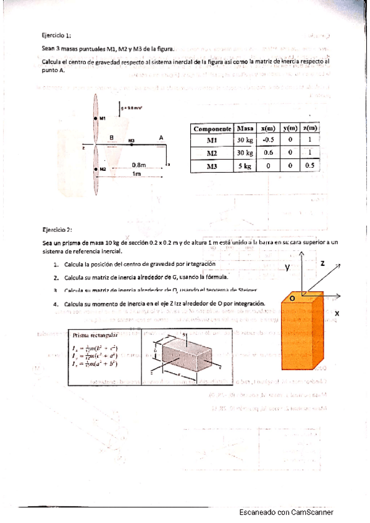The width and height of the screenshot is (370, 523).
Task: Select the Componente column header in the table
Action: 212,128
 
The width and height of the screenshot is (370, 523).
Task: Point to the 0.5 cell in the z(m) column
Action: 309,165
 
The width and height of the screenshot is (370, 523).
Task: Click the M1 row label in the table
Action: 212,140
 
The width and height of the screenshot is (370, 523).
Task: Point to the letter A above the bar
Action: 161,138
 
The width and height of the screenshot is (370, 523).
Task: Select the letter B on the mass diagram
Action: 111,138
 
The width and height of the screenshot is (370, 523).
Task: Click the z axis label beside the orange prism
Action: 322,263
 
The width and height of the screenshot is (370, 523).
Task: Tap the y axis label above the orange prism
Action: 287,267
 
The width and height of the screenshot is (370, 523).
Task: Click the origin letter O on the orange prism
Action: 292,297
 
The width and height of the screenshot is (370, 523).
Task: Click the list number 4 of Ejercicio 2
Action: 56,304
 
